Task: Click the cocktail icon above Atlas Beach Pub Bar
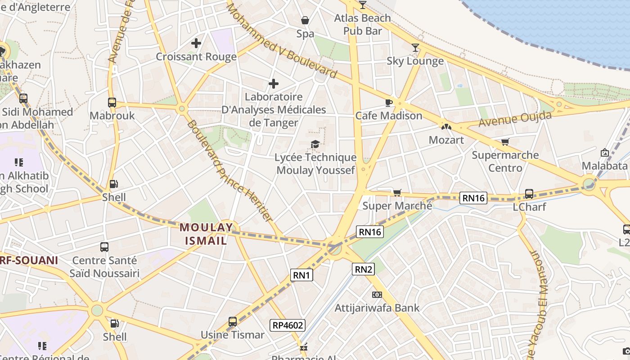click(363, 5)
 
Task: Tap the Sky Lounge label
click(415, 61)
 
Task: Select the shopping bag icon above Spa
click(305, 21)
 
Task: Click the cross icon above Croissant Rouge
click(196, 44)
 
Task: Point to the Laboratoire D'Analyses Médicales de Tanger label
click(274, 110)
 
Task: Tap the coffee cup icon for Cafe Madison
click(389, 103)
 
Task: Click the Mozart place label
click(446, 140)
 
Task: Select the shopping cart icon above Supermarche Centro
click(505, 142)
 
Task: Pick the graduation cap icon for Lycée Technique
click(315, 144)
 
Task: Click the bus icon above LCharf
click(529, 194)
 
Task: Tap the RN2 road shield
click(364, 270)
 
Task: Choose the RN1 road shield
click(301, 275)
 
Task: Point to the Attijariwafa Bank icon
click(377, 295)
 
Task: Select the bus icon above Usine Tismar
click(233, 322)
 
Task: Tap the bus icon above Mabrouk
click(112, 103)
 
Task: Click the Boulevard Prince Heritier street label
click(230, 171)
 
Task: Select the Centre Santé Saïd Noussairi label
click(104, 267)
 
